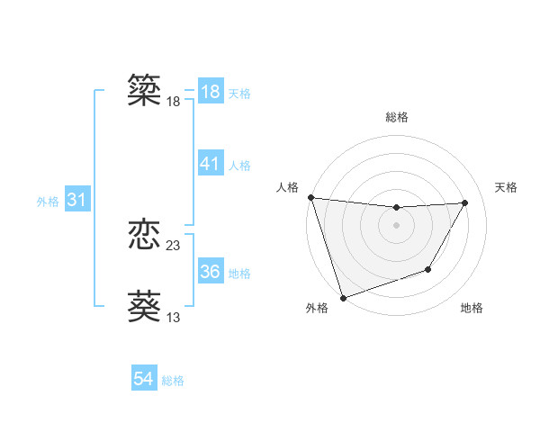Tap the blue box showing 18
211,92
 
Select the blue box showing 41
211,164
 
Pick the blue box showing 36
211,272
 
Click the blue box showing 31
76,201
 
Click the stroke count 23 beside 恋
174,245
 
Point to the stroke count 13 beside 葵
174,317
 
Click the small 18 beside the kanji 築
174,102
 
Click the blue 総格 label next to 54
173,381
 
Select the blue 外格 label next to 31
48,202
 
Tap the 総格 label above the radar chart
397,117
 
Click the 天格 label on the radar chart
506,187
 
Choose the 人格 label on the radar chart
287,187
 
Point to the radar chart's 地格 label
472,308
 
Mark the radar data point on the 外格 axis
343,297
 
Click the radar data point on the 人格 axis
310,197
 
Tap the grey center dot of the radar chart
396,224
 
